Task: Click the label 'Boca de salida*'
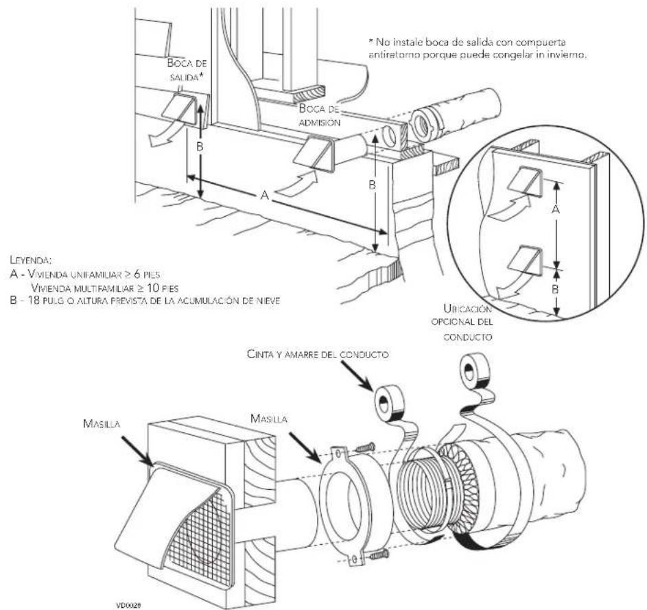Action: [187, 70]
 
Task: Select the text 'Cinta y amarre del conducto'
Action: [318, 354]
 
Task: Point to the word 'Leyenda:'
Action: [31, 261]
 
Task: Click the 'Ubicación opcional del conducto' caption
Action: [462, 322]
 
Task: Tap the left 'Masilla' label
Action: [102, 423]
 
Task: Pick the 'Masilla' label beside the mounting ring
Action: [269, 419]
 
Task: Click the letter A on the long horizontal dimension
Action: [264, 196]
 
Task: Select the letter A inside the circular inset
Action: [556, 210]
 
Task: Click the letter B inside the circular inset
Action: [556, 289]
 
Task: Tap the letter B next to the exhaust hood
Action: [200, 147]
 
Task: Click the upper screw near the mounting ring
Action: [365, 447]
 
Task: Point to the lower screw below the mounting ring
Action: [379, 554]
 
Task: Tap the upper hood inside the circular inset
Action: [525, 180]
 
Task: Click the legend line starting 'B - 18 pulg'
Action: [145, 300]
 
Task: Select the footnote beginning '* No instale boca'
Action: [477, 48]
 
